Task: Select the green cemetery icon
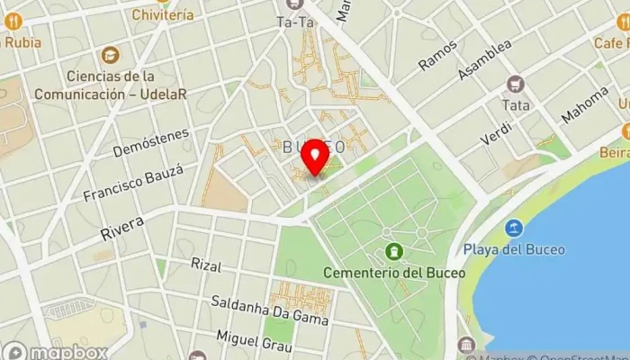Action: tap(392, 252)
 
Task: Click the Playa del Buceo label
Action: tap(513, 248)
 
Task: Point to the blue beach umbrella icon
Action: tap(514, 227)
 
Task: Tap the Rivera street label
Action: tap(122, 229)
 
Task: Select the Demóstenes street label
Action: tap(150, 142)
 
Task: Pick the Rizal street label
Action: tap(206, 265)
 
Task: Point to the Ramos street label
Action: tap(438, 55)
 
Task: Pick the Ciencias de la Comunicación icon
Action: tap(110, 56)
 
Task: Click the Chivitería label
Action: tap(162, 14)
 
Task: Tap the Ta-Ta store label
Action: tap(295, 22)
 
